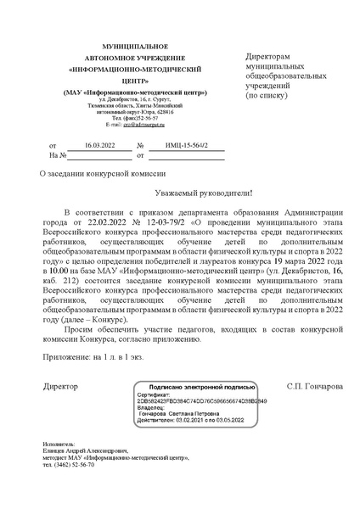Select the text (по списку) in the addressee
point(266,97)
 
